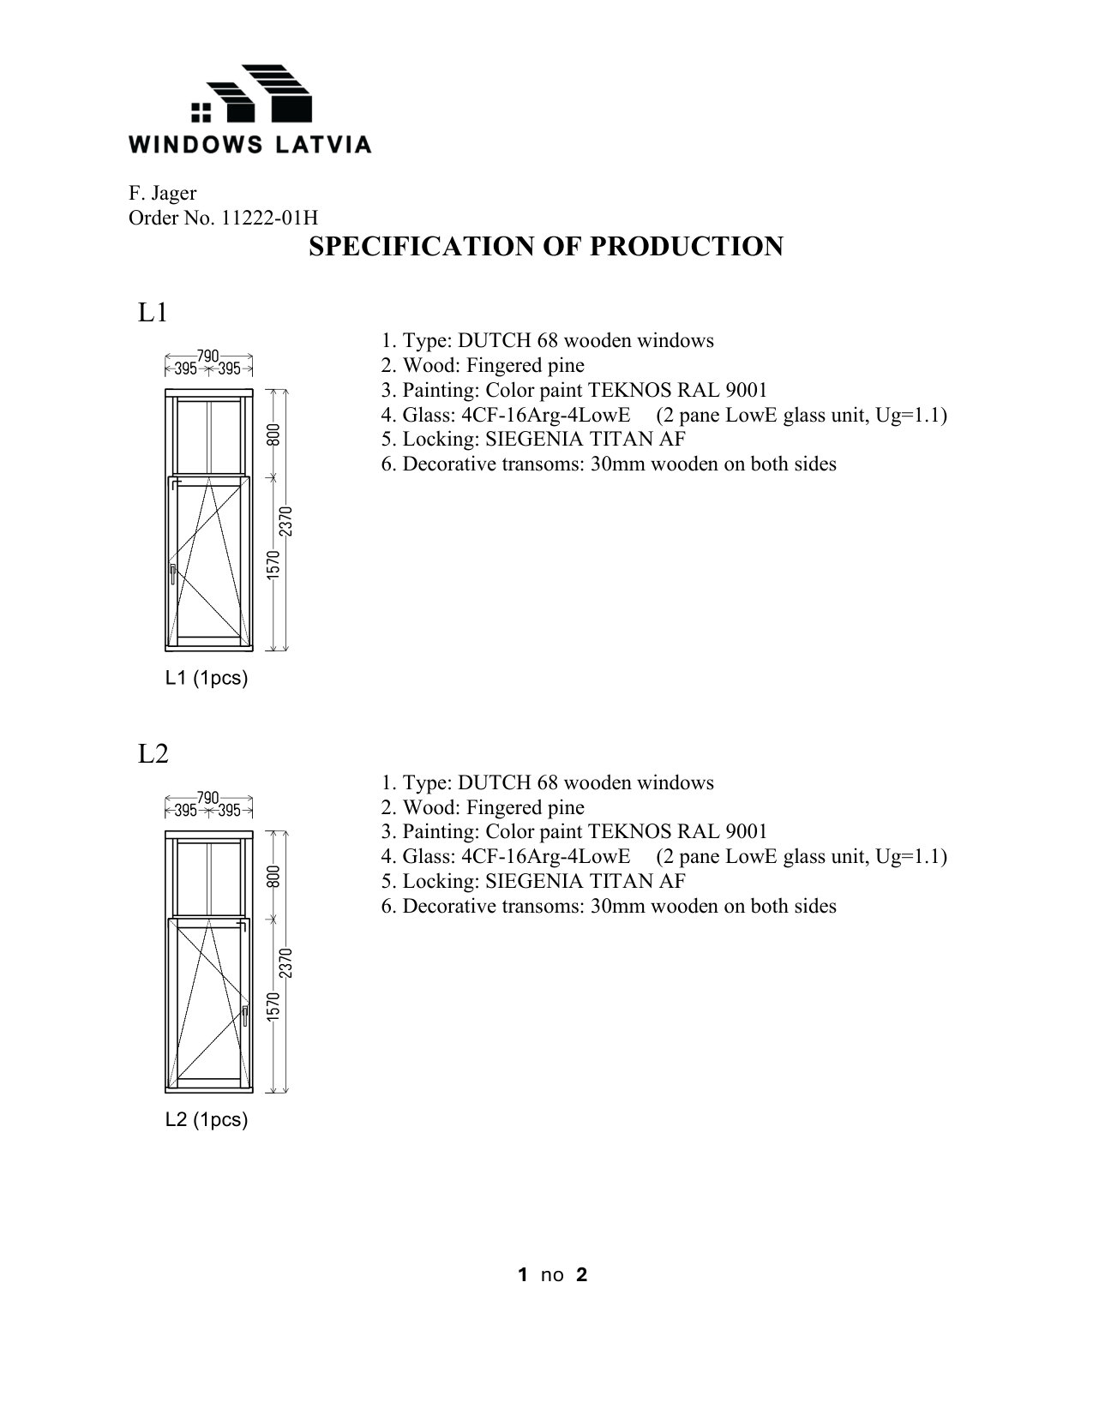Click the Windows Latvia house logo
coord(250,95)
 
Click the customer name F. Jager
coord(163,194)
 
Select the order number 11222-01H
coord(269,219)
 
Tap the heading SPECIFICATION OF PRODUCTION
coord(545,247)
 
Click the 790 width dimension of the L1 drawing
coord(208,355)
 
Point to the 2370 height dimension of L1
coord(286,521)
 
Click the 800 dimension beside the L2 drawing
coord(273,876)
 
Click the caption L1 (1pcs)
coord(206,679)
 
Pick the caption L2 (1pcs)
coord(206,1120)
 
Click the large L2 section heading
coord(153,754)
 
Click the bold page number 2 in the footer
coord(582,1275)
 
